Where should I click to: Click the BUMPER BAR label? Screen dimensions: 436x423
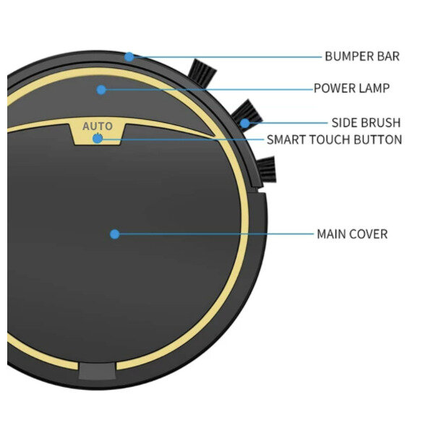(362, 56)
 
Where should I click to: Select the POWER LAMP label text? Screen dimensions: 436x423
(351, 89)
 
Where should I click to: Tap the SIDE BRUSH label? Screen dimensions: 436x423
(366, 123)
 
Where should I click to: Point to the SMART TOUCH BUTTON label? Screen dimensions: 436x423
(334, 140)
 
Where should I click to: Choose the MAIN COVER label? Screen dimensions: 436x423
(352, 234)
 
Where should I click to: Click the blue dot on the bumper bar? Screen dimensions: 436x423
(129, 56)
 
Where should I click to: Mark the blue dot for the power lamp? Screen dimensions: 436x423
(101, 90)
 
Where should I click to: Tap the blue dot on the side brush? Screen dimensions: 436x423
(245, 123)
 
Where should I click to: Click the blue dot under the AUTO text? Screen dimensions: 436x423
(98, 138)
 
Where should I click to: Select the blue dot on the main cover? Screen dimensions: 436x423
(114, 234)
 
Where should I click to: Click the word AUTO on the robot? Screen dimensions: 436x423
(98, 127)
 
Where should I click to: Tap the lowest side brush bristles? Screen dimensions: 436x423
(266, 171)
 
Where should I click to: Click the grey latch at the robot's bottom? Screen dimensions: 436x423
(97, 371)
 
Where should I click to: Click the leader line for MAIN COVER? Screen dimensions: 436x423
(217, 234)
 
